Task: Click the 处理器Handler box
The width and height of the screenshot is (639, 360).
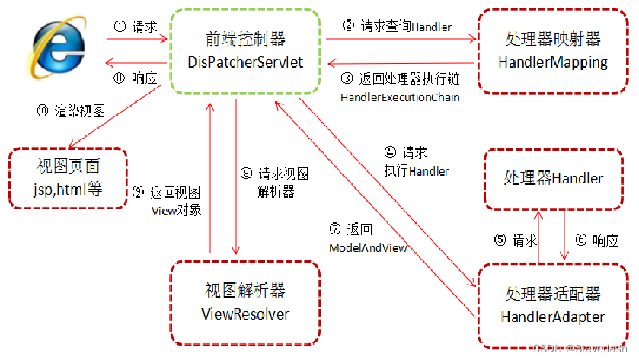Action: click(x=554, y=178)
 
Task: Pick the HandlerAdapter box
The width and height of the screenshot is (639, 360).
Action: click(x=554, y=304)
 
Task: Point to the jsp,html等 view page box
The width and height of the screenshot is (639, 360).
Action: click(x=68, y=178)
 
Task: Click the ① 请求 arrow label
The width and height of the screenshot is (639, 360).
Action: click(x=136, y=27)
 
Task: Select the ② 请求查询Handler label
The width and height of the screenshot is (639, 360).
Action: click(x=397, y=27)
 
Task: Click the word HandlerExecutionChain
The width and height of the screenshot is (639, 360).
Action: click(x=400, y=97)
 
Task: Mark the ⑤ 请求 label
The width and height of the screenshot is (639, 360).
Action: click(x=516, y=240)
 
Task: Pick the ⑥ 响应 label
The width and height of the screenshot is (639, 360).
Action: click(x=596, y=240)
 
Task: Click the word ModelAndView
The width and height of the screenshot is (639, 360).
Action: click(x=368, y=248)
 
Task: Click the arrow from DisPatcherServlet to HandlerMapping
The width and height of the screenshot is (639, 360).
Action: click(x=397, y=40)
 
